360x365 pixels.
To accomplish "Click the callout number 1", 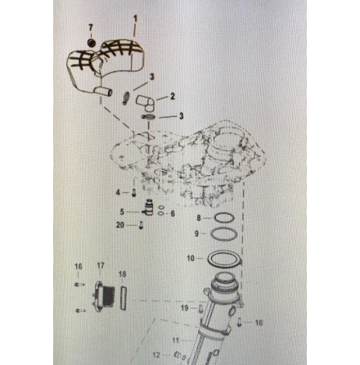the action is click(x=135, y=19).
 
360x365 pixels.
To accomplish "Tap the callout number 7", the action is click(x=91, y=28).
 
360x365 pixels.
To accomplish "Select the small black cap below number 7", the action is click(x=92, y=43).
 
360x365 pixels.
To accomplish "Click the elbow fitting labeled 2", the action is click(x=146, y=103).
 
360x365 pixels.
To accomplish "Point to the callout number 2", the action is click(x=173, y=96).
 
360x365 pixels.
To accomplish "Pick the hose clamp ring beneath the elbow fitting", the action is click(x=149, y=117).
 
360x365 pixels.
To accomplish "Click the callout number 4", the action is click(x=118, y=192).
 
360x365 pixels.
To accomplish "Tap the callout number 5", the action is click(x=122, y=212).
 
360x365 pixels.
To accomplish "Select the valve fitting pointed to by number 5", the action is click(x=148, y=209).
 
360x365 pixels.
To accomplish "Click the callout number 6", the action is click(x=173, y=214).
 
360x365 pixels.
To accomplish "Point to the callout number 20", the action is click(x=120, y=225).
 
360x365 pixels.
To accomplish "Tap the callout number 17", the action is click(x=101, y=265).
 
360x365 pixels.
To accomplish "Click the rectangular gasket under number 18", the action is click(x=124, y=298).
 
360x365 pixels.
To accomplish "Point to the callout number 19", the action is click(x=185, y=308).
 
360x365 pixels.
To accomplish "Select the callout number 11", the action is click(x=176, y=340).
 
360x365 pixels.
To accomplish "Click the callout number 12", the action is click(x=156, y=355).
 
